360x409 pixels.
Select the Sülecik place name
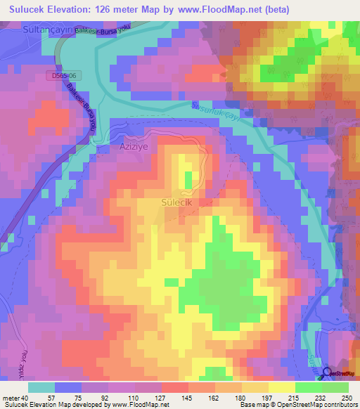[x=176, y=203]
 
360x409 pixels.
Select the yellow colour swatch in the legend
[x=281, y=387]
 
